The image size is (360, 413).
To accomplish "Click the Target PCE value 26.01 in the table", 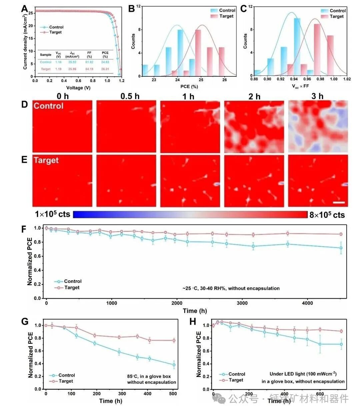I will (105, 69).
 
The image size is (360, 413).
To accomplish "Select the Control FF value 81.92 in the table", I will (89, 62).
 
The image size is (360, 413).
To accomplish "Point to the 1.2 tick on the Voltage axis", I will (122, 81).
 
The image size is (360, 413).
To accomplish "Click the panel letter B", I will (132, 9).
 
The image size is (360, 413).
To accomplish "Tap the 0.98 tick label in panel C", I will (320, 79).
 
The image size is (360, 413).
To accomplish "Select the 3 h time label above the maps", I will (317, 96).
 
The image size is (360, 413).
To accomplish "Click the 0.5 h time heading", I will (130, 96).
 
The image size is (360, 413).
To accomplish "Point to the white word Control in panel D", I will (48, 106).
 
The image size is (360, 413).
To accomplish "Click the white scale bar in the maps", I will (339, 202).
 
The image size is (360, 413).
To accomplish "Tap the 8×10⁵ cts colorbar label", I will (327, 215).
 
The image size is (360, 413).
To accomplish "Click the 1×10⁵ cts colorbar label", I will (53, 214).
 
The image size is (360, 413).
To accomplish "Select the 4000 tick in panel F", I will (307, 303).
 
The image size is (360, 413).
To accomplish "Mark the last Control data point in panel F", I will (341, 248).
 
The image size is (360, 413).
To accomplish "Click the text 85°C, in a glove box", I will (149, 376).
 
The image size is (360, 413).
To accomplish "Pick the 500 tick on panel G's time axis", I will (173, 394).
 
